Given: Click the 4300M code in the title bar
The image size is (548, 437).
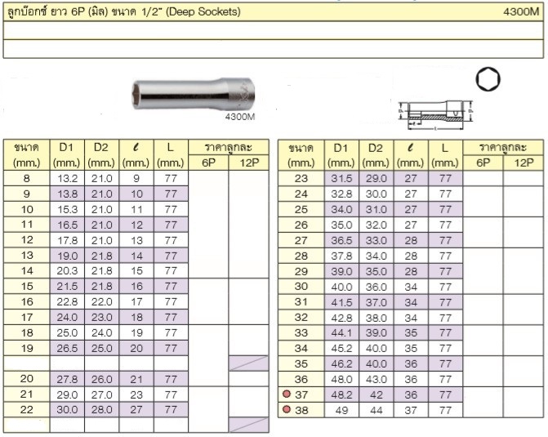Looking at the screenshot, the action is [x=521, y=12].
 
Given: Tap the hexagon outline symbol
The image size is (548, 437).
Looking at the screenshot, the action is [x=488, y=79].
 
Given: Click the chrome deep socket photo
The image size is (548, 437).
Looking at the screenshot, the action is [x=194, y=94].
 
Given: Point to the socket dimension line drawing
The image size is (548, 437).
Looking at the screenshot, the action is [x=435, y=115].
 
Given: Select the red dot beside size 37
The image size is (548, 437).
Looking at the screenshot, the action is [x=287, y=394].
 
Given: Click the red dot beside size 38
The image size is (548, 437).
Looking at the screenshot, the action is [x=287, y=409].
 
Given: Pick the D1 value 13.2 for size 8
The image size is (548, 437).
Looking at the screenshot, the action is [x=67, y=179].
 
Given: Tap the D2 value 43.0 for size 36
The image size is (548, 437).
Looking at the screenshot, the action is [x=376, y=379].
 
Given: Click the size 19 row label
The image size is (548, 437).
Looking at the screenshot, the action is [x=27, y=348].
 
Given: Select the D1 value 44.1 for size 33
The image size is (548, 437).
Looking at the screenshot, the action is [x=341, y=333].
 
